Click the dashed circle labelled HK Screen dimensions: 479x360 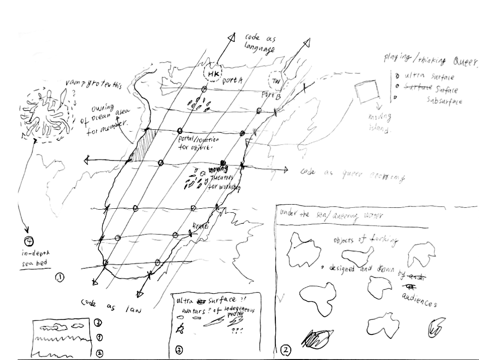(x=211, y=73)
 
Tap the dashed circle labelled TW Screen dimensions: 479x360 (x=275, y=81)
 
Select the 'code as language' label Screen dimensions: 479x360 (x=260, y=43)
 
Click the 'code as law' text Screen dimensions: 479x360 (x=109, y=307)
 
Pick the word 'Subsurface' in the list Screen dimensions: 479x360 (x=444, y=100)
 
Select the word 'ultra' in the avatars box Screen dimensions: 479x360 (x=184, y=301)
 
